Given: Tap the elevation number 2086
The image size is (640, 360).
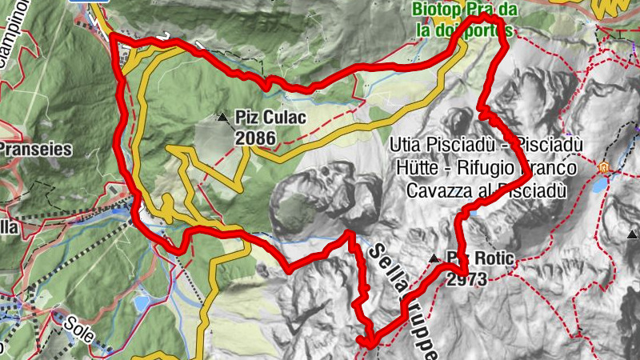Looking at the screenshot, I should point(255,138).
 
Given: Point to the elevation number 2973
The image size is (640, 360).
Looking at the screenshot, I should point(468,279).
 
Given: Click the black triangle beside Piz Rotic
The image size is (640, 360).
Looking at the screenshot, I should point(434,258).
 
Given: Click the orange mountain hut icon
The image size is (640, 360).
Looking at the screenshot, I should point(604,167).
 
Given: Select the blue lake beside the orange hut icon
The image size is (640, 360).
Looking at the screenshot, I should point(600,186).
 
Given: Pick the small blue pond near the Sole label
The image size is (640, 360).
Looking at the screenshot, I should point(141,304).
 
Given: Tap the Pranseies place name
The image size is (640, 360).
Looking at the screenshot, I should point(36,148).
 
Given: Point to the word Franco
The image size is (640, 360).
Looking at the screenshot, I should point(550,169).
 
